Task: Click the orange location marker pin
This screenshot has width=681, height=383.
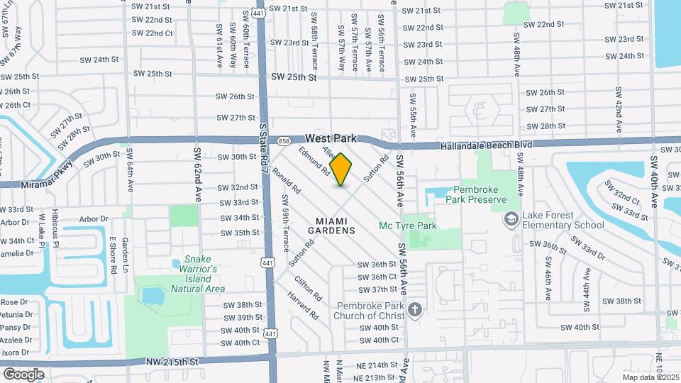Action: point(341,170)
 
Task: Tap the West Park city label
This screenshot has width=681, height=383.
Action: point(331,139)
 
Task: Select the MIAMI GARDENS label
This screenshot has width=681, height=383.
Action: point(331,226)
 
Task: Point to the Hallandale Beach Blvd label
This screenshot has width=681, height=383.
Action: point(486,145)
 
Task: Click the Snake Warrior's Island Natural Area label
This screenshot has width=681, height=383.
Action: point(199,274)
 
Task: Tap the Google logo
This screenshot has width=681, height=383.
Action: point(23,374)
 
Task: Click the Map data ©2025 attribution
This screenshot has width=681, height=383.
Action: point(650,377)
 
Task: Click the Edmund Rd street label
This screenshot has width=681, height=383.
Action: point(315,161)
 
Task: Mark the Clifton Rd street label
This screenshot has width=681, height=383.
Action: point(309,288)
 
